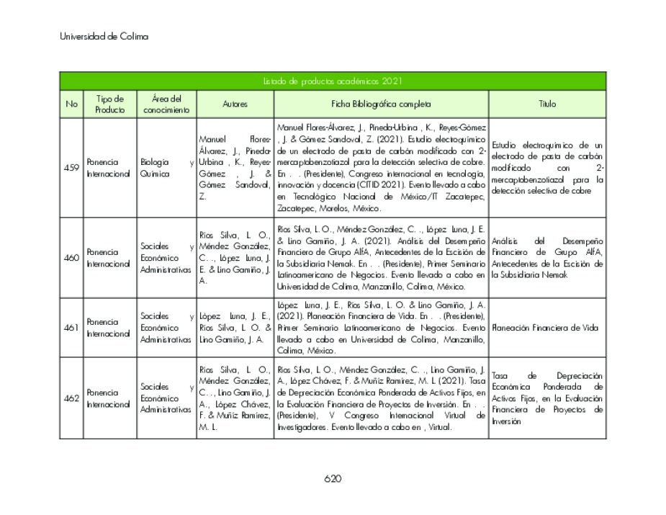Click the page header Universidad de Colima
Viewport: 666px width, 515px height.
(104, 36)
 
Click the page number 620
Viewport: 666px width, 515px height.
(332, 478)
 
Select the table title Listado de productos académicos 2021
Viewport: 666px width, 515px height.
(332, 81)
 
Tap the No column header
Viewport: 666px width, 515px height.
(71, 104)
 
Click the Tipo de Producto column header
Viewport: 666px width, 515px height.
(109, 104)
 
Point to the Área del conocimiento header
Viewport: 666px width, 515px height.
(166, 104)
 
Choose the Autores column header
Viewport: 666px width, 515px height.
(235, 104)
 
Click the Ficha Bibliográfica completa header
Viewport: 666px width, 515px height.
(382, 104)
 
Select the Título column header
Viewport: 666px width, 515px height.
(547, 104)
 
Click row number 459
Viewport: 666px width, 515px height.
(71, 168)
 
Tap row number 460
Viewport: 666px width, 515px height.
(71, 258)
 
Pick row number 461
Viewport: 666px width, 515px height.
(71, 328)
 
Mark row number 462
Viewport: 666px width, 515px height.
(71, 398)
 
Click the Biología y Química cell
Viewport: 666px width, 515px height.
(166, 168)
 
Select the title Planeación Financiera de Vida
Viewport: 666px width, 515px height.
(545, 328)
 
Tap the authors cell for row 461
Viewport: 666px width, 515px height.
(235, 328)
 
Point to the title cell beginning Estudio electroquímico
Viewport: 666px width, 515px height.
(547, 168)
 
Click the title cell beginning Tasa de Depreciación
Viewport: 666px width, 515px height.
(547, 398)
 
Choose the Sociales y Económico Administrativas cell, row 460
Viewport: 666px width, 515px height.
(166, 258)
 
